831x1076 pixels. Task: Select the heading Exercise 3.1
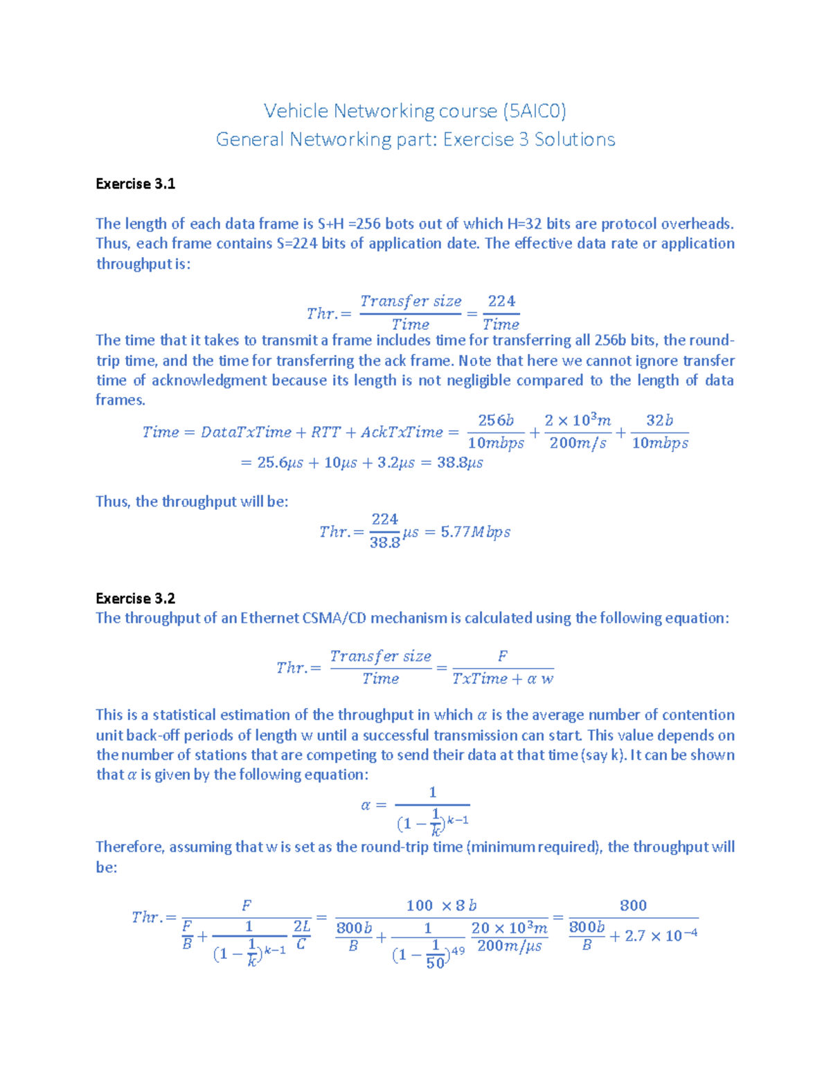pos(135,184)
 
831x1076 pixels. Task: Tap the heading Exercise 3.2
pos(135,598)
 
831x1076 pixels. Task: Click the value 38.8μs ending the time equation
pos(460,463)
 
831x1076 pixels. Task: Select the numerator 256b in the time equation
pos(496,421)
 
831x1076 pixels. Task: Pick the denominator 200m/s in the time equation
pos(578,443)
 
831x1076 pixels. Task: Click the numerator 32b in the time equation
pos(659,421)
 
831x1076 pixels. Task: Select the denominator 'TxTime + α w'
pos(503,679)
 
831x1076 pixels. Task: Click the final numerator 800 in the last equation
pos(633,906)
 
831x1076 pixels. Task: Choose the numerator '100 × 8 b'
pos(441,906)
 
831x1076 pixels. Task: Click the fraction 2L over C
pos(301,935)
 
